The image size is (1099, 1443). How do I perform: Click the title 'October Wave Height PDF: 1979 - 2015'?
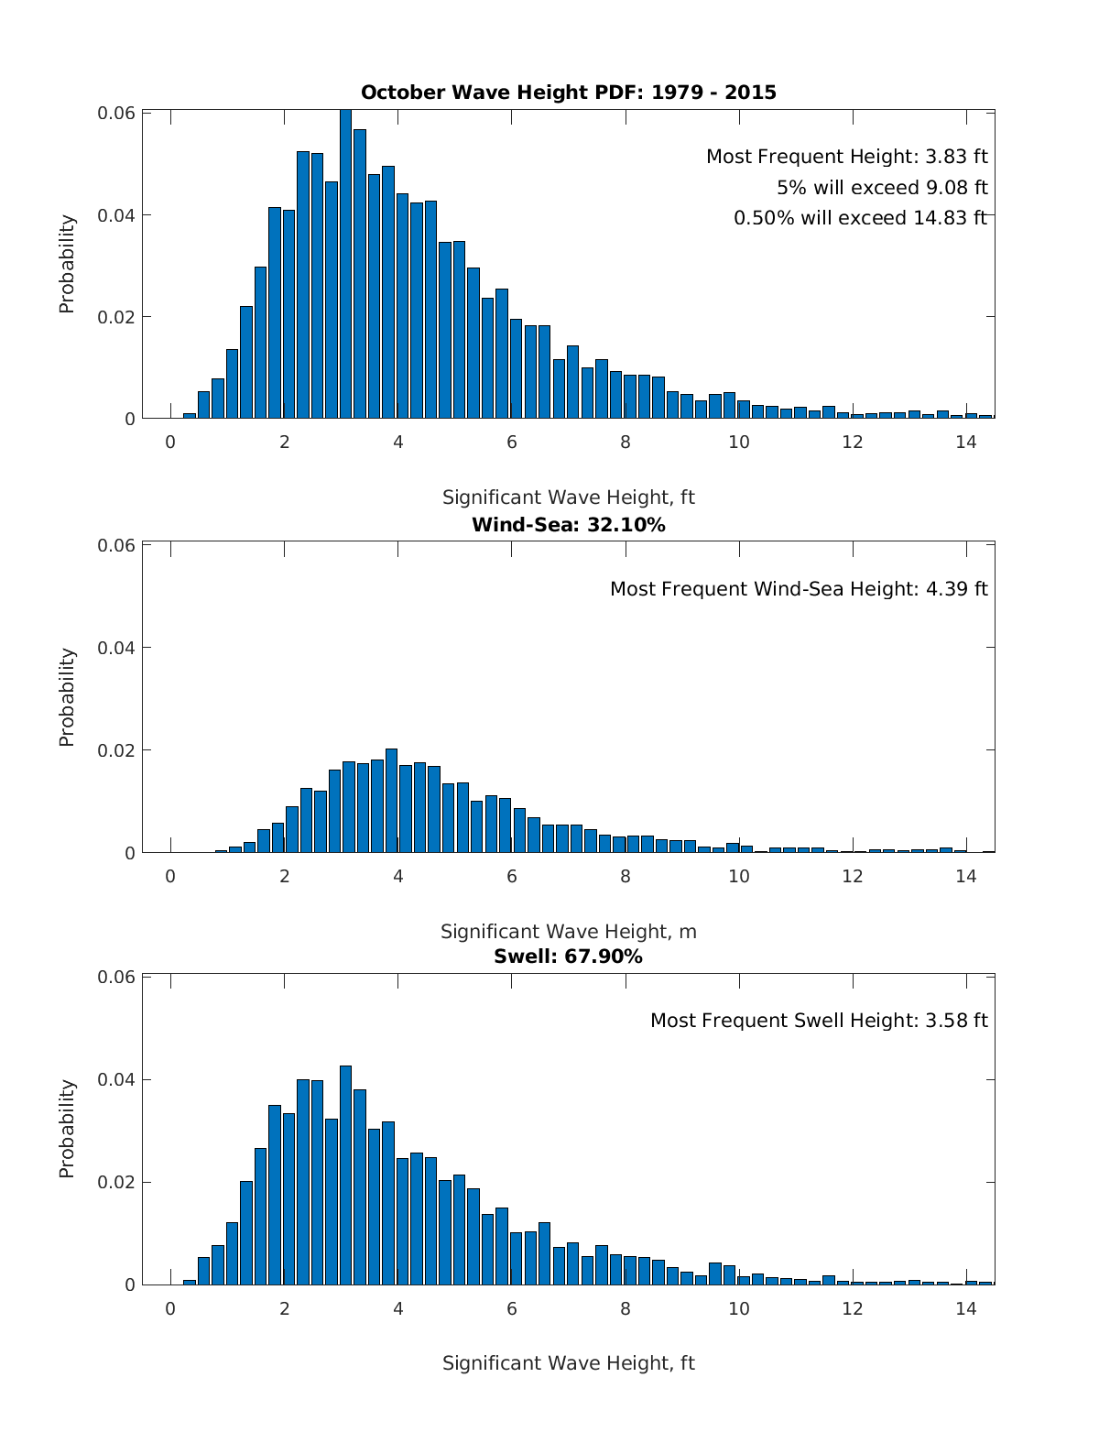coord(568,93)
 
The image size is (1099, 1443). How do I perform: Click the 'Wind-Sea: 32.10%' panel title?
coord(568,525)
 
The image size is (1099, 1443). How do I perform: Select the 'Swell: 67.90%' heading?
coord(568,957)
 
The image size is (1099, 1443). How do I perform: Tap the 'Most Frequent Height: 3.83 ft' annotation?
coord(846,157)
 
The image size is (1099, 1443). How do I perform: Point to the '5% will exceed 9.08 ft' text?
coord(882,188)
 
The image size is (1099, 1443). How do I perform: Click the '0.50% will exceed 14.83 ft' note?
coord(860,218)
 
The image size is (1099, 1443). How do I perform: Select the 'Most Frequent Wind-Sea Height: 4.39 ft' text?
coord(799,589)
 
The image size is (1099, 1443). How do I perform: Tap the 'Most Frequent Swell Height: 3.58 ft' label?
coord(819,1021)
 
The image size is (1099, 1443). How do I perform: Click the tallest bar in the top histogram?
coord(345,266)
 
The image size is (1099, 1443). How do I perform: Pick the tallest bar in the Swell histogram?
coord(345,1175)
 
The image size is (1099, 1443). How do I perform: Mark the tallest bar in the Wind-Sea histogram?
coord(391,801)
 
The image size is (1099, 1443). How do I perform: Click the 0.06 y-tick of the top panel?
coord(116,113)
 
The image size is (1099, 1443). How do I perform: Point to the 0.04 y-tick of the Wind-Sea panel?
coord(116,648)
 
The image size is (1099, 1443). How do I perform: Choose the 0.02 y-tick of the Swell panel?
coord(116,1182)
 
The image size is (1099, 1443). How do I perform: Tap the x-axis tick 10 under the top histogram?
coord(738,442)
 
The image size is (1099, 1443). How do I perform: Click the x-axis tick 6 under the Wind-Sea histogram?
coord(511,876)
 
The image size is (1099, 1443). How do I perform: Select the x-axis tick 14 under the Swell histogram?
coord(965,1307)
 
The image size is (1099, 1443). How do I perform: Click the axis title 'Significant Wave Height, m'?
coord(568,932)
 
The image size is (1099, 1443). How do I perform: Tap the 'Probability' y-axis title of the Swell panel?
coord(67,1129)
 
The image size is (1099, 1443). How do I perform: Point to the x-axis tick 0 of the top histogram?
coord(170,442)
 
